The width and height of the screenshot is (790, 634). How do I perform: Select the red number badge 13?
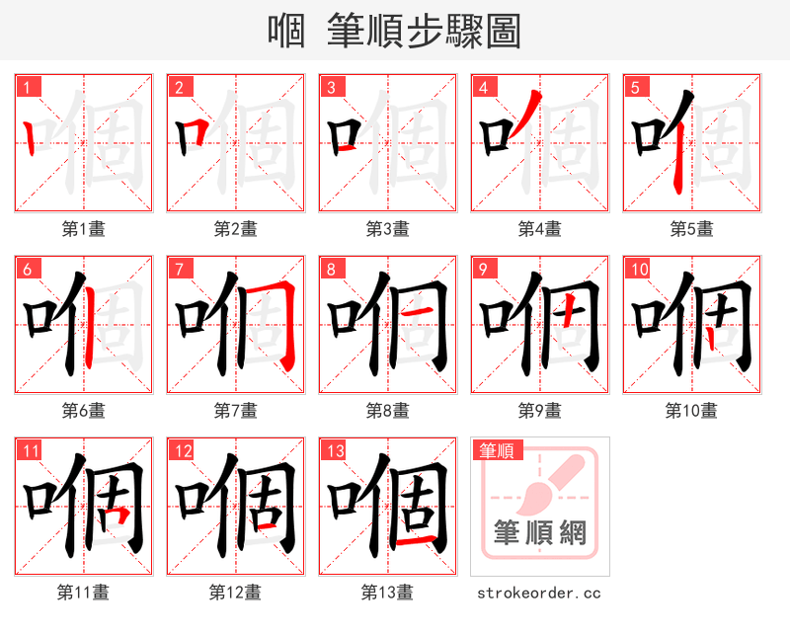click(332, 451)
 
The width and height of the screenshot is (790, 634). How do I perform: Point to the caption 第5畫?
click(691, 229)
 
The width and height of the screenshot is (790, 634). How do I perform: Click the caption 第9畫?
click(539, 411)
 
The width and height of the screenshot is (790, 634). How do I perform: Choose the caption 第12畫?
click(235, 593)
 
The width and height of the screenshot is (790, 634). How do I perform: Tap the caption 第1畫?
click(83, 229)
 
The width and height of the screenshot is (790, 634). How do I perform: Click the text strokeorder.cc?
click(539, 594)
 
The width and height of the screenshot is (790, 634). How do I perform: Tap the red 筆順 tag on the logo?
click(495, 451)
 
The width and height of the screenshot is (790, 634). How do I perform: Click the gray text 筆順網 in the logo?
click(540, 533)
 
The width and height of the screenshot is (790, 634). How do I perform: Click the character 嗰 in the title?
click(285, 32)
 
